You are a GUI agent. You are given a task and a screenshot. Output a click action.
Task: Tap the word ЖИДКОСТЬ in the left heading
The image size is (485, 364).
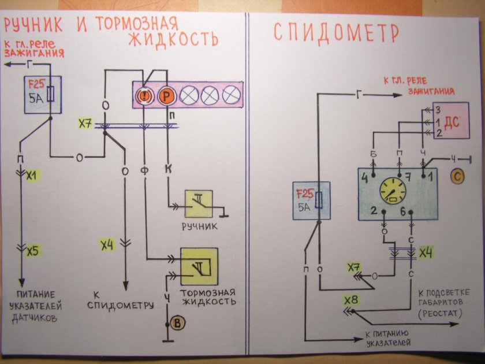173,39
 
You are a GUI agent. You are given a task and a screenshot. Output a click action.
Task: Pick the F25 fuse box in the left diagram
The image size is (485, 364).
39,92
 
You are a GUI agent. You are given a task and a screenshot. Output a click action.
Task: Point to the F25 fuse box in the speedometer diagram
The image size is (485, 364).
311,200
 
